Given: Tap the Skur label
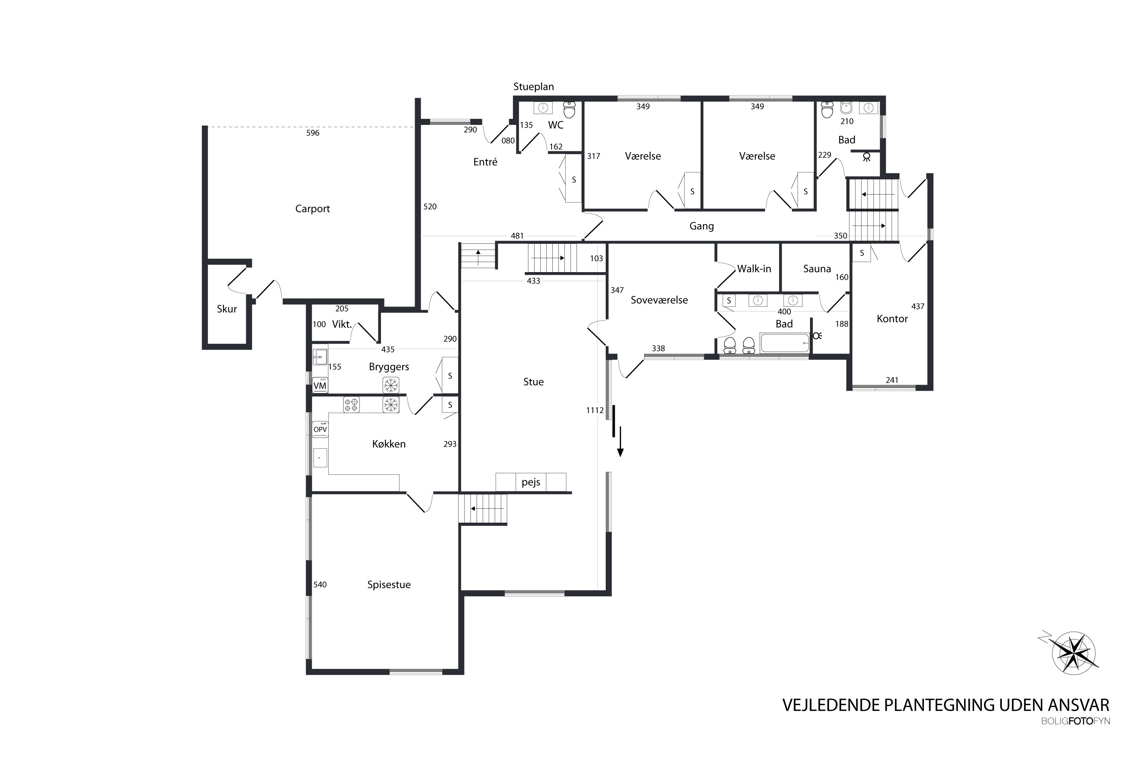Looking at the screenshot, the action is tap(227, 309).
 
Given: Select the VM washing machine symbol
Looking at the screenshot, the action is tap(320, 385).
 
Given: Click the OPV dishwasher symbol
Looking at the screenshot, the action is tap(320, 429).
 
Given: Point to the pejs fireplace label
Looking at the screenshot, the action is tap(531, 482).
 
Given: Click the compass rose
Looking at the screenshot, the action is tap(1074, 653).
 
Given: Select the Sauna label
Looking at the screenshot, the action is tap(817, 269).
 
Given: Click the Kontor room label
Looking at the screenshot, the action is tap(892, 319).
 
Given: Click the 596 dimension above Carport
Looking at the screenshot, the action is tap(313, 133).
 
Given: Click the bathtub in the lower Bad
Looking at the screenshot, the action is tap(785, 343).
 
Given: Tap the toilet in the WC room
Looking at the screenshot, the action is tap(569, 110).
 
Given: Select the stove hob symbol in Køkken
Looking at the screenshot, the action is tap(351, 405).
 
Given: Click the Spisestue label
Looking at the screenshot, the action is tap(389, 585).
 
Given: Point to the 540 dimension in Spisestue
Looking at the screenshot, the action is tap(320, 585).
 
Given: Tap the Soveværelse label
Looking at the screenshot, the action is tap(659, 300).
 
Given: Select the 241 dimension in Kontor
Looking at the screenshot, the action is tap(892, 380).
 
